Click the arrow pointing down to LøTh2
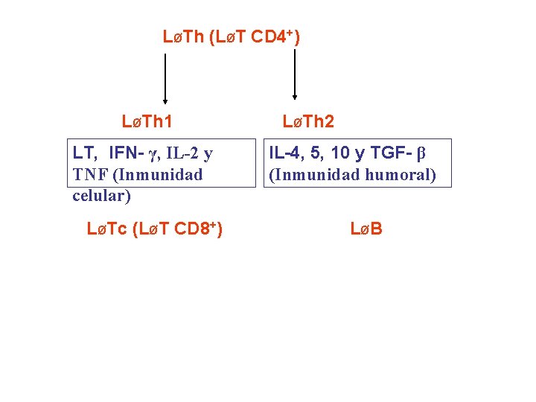tap(296, 74)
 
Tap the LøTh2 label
tap(308, 121)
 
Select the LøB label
tap(366, 229)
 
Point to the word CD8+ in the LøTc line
tap(194, 229)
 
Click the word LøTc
tap(107, 229)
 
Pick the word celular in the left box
tap(101, 196)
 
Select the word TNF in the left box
tap(90, 175)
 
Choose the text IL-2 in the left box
tap(182, 154)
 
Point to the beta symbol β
tap(421, 154)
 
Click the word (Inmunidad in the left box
tap(156, 175)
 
